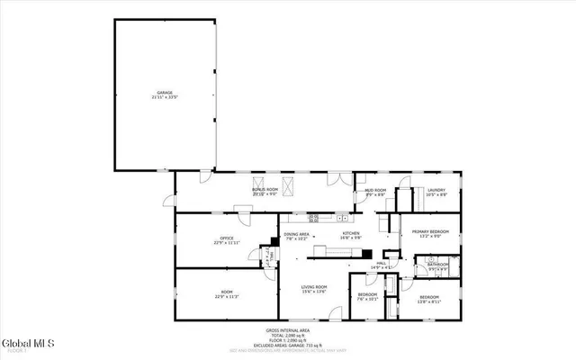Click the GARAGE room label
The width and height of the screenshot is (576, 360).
(x=165, y=94)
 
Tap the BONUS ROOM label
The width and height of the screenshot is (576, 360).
(x=264, y=191)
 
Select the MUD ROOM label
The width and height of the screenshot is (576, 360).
(x=375, y=192)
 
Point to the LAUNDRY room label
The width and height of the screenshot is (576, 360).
(x=437, y=192)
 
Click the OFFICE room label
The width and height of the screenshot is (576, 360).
(x=215, y=240)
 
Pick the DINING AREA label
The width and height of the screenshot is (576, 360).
(x=297, y=237)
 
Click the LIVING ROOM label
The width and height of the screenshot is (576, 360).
(x=314, y=290)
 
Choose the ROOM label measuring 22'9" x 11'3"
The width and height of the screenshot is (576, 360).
(x=227, y=293)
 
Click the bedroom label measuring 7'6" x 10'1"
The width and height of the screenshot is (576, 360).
(x=367, y=297)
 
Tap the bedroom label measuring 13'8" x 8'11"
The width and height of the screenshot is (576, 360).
(x=427, y=299)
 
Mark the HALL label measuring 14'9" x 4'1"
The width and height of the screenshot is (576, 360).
(x=382, y=265)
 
